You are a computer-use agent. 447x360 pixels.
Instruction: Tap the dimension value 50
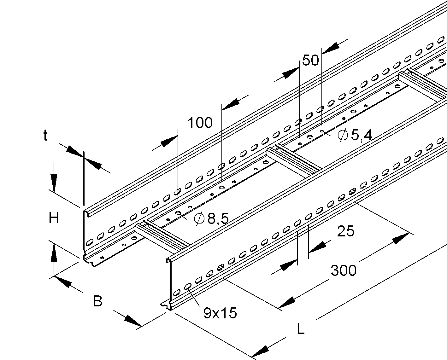pos(310,61)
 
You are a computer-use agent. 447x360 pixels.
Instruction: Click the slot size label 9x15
pos(220,313)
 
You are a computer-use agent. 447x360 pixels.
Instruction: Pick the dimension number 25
pos(345,231)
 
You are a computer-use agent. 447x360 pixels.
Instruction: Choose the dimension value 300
pos(344,270)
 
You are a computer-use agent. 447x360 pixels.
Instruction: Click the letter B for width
pos(97,301)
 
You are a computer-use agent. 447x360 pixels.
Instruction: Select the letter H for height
pos(54,218)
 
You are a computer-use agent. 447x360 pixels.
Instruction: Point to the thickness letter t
pos(45,136)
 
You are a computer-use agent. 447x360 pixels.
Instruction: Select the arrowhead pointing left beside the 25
pos(317,247)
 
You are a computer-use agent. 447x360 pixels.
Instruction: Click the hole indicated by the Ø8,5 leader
pos(178,212)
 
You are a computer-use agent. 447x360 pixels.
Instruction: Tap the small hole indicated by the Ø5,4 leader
pos(322,131)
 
